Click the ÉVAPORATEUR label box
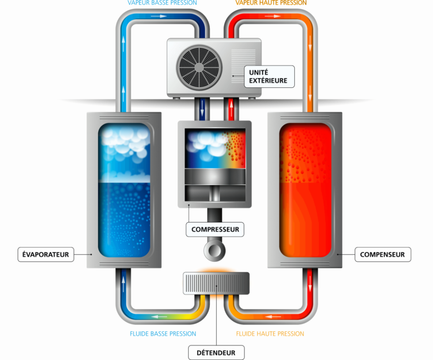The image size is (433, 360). [46, 254]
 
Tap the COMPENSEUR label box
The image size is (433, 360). [383, 254]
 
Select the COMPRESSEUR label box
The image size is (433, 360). [215, 229]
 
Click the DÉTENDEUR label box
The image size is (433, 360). [216, 352]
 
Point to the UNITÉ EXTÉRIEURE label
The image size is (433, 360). [269, 76]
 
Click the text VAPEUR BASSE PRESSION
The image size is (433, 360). [162, 3]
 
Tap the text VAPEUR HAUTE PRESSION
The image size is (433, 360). [271, 3]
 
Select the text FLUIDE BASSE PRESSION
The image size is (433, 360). [163, 334]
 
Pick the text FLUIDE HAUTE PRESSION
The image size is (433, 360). [270, 334]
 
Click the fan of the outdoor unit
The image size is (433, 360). [199, 68]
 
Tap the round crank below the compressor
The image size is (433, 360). [215, 251]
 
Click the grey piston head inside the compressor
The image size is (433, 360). [215, 176]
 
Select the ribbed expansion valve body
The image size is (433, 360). [216, 284]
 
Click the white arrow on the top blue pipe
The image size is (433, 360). [159, 16]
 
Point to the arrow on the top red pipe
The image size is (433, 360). [273, 16]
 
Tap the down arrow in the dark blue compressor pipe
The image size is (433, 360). [202, 108]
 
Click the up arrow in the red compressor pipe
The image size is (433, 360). [231, 108]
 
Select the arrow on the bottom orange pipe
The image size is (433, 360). [273, 316]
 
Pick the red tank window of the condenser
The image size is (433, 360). [305, 190]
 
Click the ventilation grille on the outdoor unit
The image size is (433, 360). [239, 66]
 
